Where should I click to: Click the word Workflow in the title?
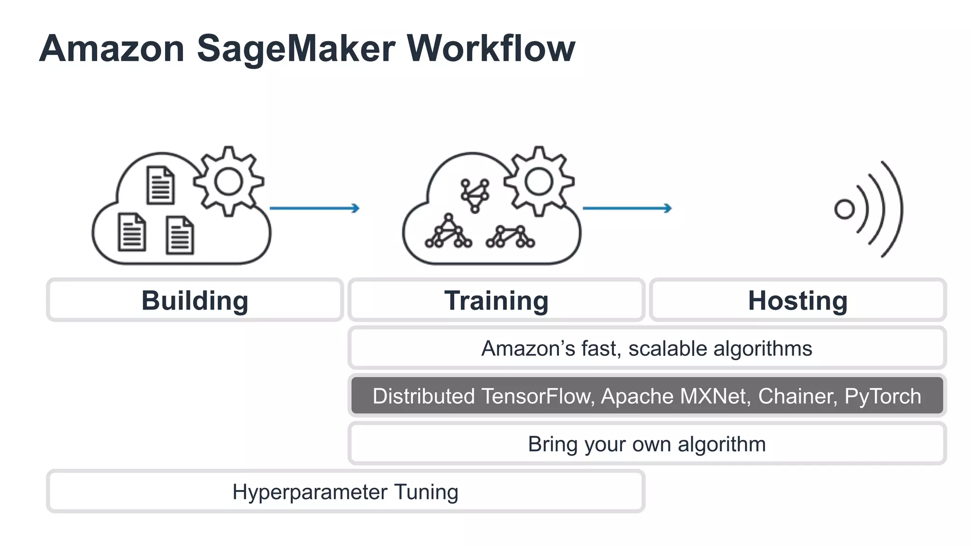click(x=491, y=48)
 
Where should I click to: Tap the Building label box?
click(x=195, y=300)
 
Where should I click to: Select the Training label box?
click(x=496, y=300)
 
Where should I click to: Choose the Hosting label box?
click(x=797, y=300)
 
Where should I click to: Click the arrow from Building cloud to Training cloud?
click(x=314, y=208)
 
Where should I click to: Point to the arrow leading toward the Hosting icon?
click(x=627, y=208)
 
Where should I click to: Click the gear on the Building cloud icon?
click(x=229, y=182)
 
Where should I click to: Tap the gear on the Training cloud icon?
click(x=539, y=182)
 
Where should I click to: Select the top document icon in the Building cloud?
click(x=160, y=185)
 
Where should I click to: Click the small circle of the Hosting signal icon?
click(x=844, y=209)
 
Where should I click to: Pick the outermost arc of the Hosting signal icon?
click(x=894, y=209)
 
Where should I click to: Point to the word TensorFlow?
click(x=538, y=396)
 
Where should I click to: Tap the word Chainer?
click(x=797, y=396)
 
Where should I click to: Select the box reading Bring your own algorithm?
click(x=647, y=444)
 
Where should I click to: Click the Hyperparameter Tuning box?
click(x=345, y=491)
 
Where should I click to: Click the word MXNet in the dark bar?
click(x=715, y=396)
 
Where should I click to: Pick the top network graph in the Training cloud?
click(x=475, y=195)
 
